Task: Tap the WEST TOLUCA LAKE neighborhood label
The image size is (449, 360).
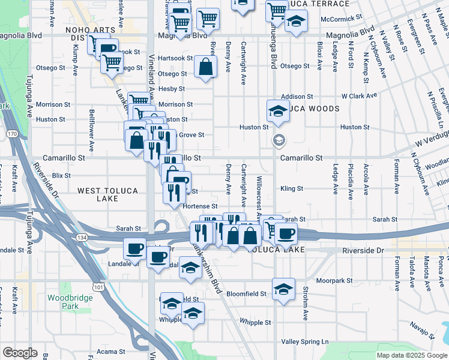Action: click(107, 194)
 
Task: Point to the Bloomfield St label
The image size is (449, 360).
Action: click(247, 294)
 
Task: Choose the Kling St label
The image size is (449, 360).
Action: click(292, 188)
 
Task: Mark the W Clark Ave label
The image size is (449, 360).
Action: click(359, 95)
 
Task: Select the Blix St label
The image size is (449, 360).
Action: click(61, 175)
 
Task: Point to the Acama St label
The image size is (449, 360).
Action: click(110, 351)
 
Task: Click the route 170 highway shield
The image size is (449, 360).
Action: click(13, 134)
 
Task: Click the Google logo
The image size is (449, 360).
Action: click(20, 353)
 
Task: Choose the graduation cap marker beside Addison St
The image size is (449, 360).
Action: click(277, 110)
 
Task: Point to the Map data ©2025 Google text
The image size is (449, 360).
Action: click(412, 355)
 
